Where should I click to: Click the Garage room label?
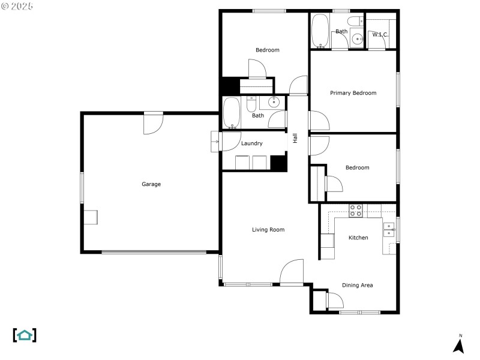pyautogui.click(x=151, y=184)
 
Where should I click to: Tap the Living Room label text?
pyautogui.click(x=268, y=230)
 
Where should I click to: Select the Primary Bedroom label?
pyautogui.click(x=353, y=93)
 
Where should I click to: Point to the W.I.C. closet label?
pyautogui.click(x=380, y=35)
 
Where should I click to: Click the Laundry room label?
pyautogui.click(x=251, y=143)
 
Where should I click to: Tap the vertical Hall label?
pyautogui.click(x=295, y=137)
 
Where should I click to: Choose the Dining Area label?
pyautogui.click(x=358, y=285)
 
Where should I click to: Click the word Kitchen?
pyautogui.click(x=358, y=238)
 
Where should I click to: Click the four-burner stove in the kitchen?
pyautogui.click(x=356, y=210)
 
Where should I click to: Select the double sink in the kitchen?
pyautogui.click(x=389, y=230)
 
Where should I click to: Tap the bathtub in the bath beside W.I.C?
pyautogui.click(x=320, y=31)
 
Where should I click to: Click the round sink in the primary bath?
pyautogui.click(x=358, y=39)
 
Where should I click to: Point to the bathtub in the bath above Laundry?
pyautogui.click(x=232, y=114)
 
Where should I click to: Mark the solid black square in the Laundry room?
pyautogui.click(x=278, y=163)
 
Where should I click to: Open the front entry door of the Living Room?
pyautogui.click(x=292, y=273)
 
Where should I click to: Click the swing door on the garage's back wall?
pyautogui.click(x=153, y=123)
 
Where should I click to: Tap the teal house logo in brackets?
pyautogui.click(x=25, y=335)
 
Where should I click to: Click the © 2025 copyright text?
pyautogui.click(x=17, y=6)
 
